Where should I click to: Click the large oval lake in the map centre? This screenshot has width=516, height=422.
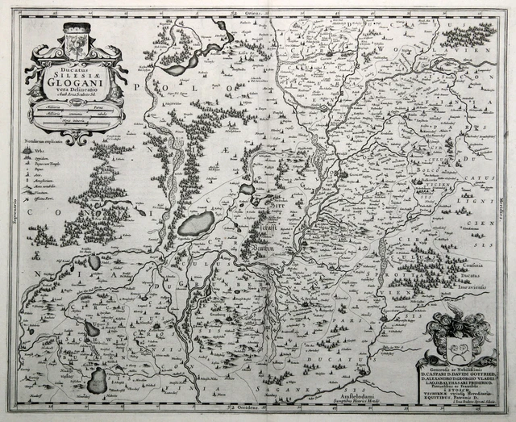(196, 224)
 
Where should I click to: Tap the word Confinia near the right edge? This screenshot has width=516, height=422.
(480, 265)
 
